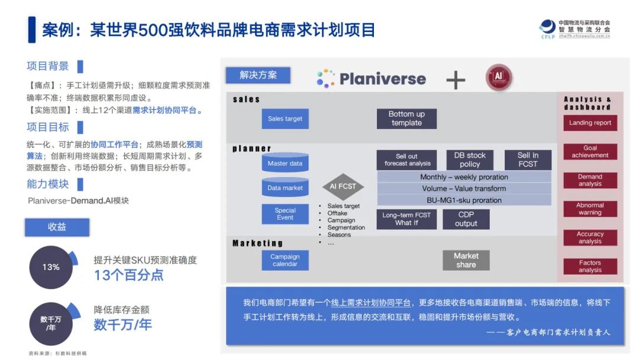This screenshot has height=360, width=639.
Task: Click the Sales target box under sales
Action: (285, 118)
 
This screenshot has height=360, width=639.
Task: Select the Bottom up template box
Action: (406, 118)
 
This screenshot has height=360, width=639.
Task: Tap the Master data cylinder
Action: (285, 163)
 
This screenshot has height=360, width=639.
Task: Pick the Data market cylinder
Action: (285, 188)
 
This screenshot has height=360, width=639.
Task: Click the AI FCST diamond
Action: (343, 187)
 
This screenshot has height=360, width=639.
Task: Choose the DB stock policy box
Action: (470, 160)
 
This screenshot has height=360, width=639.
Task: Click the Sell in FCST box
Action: (528, 160)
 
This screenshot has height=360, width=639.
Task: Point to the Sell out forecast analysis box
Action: (407, 160)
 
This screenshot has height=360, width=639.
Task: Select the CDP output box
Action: (466, 219)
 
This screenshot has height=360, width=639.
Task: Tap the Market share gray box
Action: (466, 260)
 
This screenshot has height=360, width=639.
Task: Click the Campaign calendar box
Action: (285, 260)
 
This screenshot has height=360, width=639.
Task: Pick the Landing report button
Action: (590, 123)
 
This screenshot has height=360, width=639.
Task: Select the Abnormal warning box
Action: (590, 209)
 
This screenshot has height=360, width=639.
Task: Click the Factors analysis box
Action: (590, 266)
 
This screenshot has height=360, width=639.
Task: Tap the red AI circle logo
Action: (498, 78)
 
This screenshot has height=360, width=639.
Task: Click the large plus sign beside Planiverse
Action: (455, 79)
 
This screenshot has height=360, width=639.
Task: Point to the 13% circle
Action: (51, 267)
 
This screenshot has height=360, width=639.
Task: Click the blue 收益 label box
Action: (57, 227)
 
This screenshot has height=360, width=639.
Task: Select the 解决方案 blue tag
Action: (258, 75)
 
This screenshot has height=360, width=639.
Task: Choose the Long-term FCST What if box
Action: (406, 219)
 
